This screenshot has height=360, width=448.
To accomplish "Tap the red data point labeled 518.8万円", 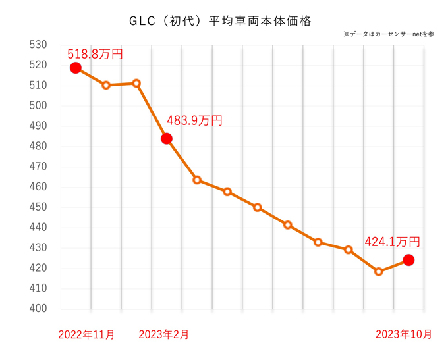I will (76, 68).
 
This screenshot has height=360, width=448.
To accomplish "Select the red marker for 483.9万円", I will (167, 138).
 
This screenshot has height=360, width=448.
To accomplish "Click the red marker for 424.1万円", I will (408, 260).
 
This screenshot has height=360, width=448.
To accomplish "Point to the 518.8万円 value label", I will (96, 54).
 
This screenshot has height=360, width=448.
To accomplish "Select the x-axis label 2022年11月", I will (86, 334).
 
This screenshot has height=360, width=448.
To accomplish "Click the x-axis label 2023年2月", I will (164, 334).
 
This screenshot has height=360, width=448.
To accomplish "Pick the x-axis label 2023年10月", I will (403, 334).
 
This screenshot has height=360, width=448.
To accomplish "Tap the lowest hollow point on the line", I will (378, 271).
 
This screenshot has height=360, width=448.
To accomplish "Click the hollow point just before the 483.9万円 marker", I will (136, 83).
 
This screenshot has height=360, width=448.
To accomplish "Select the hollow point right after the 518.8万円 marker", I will (106, 85).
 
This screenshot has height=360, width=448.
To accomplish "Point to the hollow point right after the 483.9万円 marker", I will (197, 180).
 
